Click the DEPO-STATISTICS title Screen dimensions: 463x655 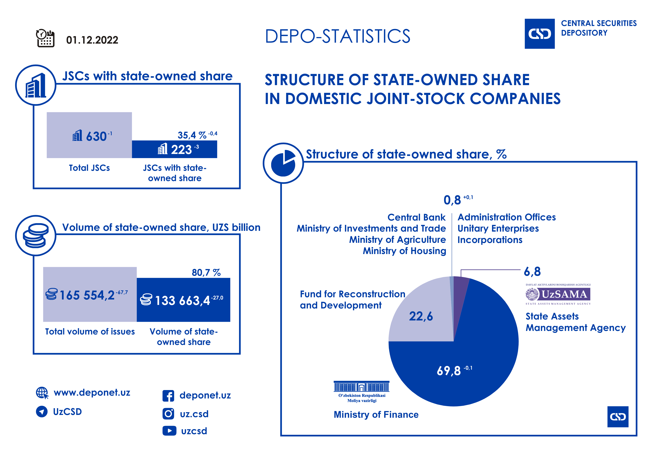pyautogui.click(x=337, y=36)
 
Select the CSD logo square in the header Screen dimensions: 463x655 pyautogui.click(x=540, y=34)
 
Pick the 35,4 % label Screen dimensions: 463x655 pyautogui.click(x=192, y=135)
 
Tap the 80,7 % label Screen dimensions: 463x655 pyautogui.click(x=206, y=273)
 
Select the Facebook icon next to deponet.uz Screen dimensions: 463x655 pyautogui.click(x=168, y=396)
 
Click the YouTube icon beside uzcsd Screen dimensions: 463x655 pyautogui.click(x=169, y=430)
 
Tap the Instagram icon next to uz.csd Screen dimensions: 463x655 pyautogui.click(x=168, y=414)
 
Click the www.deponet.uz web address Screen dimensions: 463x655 pyautogui.click(x=92, y=393)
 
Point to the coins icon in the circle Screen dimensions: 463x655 pyautogui.click(x=36, y=236)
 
